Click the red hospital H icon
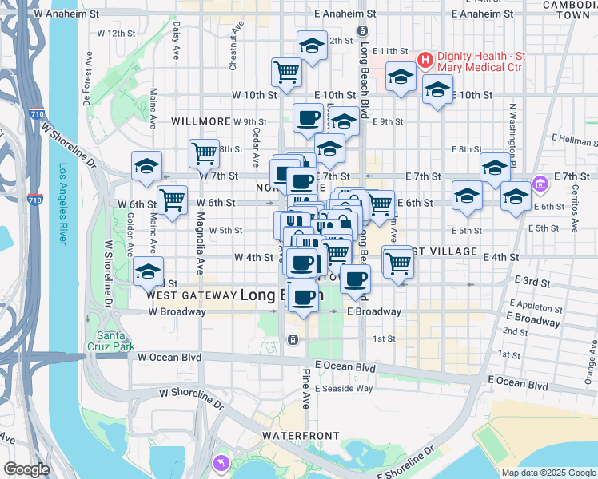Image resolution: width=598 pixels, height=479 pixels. click(x=425, y=59)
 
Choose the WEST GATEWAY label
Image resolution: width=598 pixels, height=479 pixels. click(x=189, y=295)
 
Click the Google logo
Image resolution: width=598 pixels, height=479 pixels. click(x=26, y=469)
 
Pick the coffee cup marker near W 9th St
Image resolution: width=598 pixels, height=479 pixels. click(x=308, y=118)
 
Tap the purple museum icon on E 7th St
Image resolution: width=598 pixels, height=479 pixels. click(x=541, y=184)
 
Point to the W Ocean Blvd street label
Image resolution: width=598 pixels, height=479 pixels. click(x=169, y=358)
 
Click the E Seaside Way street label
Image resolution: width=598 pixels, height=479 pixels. click(x=343, y=389)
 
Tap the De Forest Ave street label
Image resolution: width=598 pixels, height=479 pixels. click(x=88, y=79)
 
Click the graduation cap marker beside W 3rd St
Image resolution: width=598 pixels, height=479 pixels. click(x=148, y=271)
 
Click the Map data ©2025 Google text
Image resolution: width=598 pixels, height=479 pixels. click(x=548, y=473)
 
